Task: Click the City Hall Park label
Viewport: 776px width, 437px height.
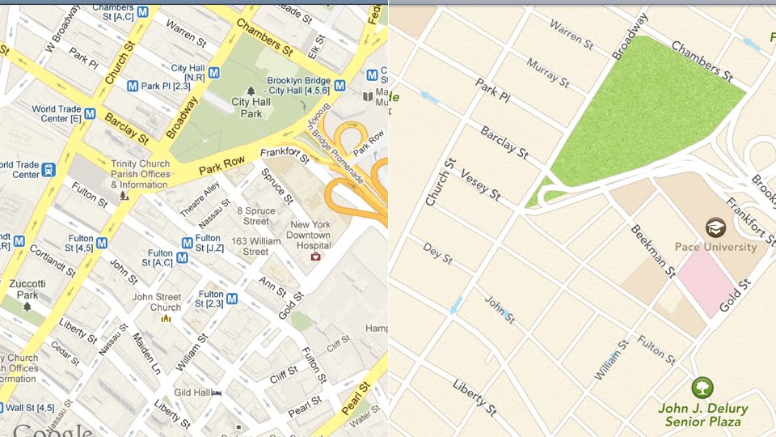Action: (x=251, y=108)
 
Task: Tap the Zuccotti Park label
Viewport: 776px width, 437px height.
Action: (x=27, y=290)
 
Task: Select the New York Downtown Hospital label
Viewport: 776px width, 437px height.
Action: (x=310, y=235)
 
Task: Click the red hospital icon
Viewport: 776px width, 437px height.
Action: (x=316, y=257)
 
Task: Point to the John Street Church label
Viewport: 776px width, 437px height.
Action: (x=157, y=302)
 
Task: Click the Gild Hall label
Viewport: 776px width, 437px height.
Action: (x=192, y=392)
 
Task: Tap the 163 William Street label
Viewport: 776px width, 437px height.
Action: (x=255, y=246)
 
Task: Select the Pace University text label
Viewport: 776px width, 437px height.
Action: (x=715, y=247)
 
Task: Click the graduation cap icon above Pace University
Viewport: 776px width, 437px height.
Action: (x=715, y=227)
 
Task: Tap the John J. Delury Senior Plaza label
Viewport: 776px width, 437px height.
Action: (x=702, y=414)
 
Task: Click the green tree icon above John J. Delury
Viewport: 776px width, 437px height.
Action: (x=702, y=387)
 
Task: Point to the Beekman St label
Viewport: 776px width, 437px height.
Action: (x=652, y=251)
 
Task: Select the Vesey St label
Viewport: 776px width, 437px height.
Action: (x=480, y=185)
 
